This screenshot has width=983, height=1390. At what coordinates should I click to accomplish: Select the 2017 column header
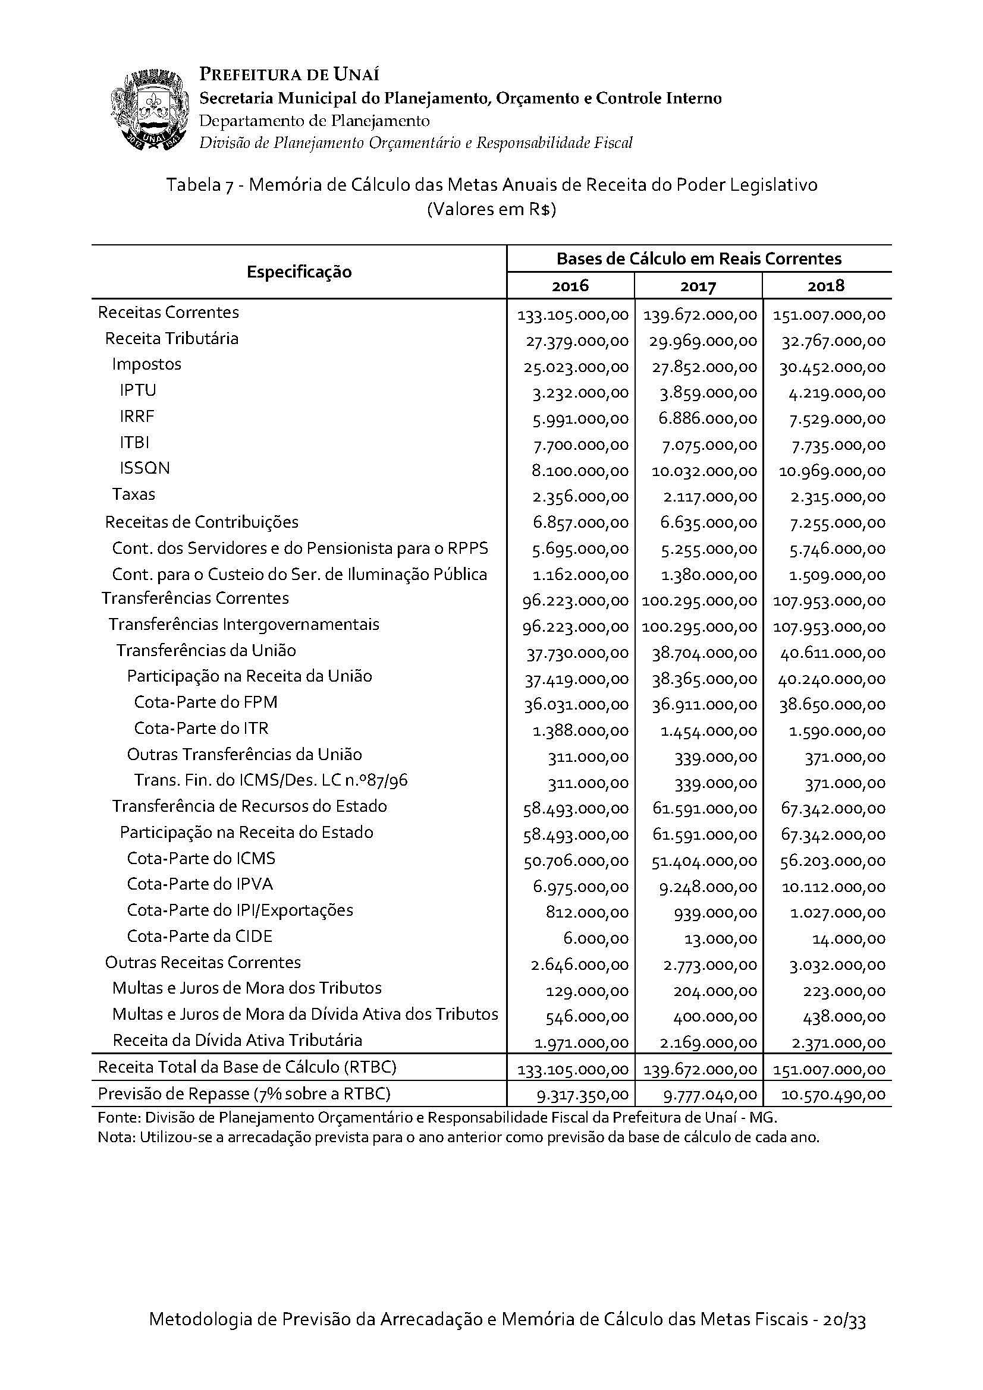(x=698, y=286)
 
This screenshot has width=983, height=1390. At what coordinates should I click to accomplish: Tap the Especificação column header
(x=299, y=272)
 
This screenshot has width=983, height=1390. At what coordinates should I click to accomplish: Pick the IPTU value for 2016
(x=580, y=393)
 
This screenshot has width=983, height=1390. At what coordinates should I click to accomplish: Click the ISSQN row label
(x=145, y=468)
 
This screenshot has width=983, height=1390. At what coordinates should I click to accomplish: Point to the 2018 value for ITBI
(x=837, y=445)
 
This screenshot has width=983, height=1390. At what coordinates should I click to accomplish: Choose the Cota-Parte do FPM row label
(x=205, y=702)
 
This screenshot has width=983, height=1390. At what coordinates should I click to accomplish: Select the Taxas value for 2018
(x=837, y=497)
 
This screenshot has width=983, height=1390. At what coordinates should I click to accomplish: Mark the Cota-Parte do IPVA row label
(x=200, y=884)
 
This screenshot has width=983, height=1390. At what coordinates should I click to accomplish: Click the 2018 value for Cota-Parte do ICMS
(x=832, y=861)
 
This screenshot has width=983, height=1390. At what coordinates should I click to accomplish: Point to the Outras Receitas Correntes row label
(x=203, y=962)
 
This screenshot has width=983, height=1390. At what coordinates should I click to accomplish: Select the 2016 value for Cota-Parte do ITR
(x=580, y=732)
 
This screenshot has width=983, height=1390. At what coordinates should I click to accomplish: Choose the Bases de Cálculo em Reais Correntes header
(x=698, y=259)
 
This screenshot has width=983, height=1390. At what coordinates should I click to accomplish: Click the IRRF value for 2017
(x=708, y=419)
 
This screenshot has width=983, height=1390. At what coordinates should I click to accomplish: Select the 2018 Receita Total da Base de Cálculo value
(x=828, y=1069)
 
